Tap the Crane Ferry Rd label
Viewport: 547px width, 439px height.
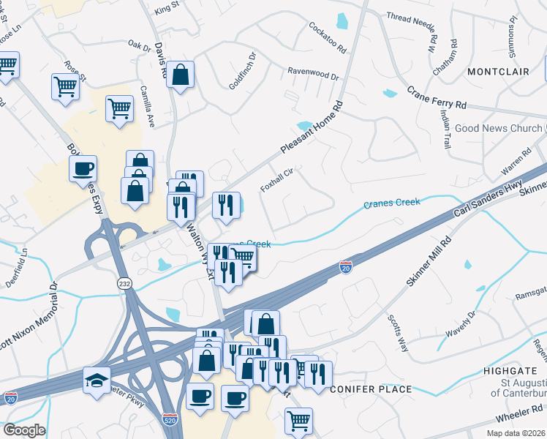pyautogui.click(x=437, y=99)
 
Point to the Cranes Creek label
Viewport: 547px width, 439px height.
pyautogui.click(x=392, y=203)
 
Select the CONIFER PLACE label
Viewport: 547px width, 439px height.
pyautogui.click(x=371, y=389)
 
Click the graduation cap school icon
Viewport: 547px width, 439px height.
pyautogui.click(x=97, y=380)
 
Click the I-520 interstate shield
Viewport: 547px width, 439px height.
pyautogui.click(x=168, y=421)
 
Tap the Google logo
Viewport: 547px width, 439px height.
pyautogui.click(x=24, y=430)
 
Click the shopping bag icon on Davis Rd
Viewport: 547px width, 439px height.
pyautogui.click(x=180, y=73)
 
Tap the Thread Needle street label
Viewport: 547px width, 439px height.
pyautogui.click(x=410, y=17)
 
